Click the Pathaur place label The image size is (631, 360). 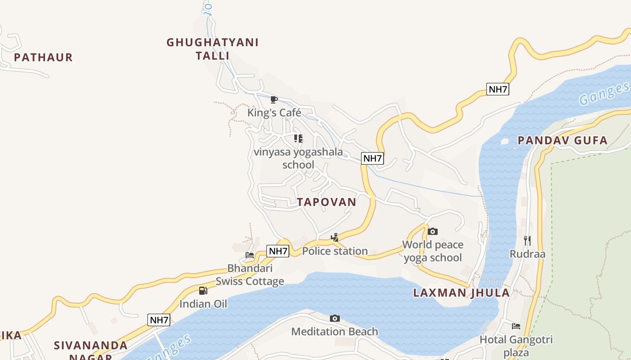pos(43,58)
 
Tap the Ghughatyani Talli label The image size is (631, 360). pos(212,49)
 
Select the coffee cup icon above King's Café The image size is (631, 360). pos(274,99)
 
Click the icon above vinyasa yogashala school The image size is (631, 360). pos(298,139)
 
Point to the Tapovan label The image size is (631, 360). pos(327,202)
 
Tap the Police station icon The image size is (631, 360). pos(335,238)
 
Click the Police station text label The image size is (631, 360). pos(335,251)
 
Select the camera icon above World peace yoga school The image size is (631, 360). pos(433,232)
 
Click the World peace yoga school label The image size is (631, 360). pos(433,251)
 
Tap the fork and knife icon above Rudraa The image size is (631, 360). pos(527,241)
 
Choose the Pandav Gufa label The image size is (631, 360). pos(562,140)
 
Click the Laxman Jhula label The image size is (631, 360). pos(462,293)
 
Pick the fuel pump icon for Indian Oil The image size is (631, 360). pos(203,291)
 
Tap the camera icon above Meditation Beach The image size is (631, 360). pos(335,319)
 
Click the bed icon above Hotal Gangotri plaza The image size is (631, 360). pos(516,326)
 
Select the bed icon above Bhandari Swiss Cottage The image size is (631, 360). pos(250,255)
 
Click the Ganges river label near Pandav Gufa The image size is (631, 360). pos(604,94)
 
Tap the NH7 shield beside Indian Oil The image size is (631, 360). pos(159,320)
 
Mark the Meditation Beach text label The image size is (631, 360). pos(335,332)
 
